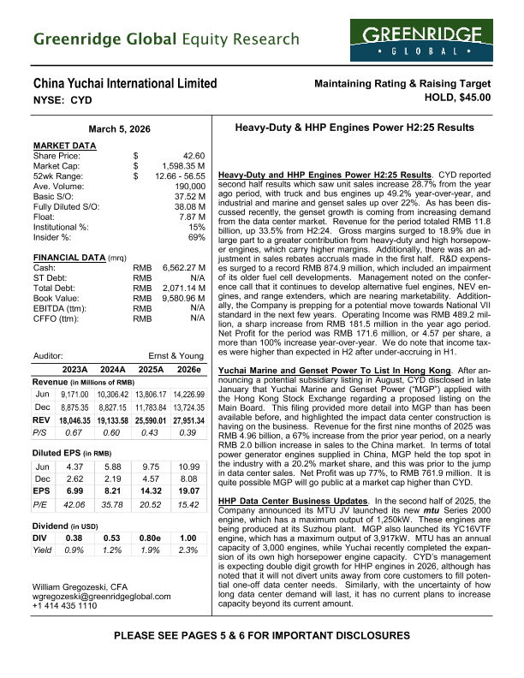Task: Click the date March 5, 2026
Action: (120, 128)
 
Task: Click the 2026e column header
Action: (188, 370)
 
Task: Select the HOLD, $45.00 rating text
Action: (448, 97)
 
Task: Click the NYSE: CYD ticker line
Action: (63, 99)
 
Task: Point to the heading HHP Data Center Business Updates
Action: (314, 499)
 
